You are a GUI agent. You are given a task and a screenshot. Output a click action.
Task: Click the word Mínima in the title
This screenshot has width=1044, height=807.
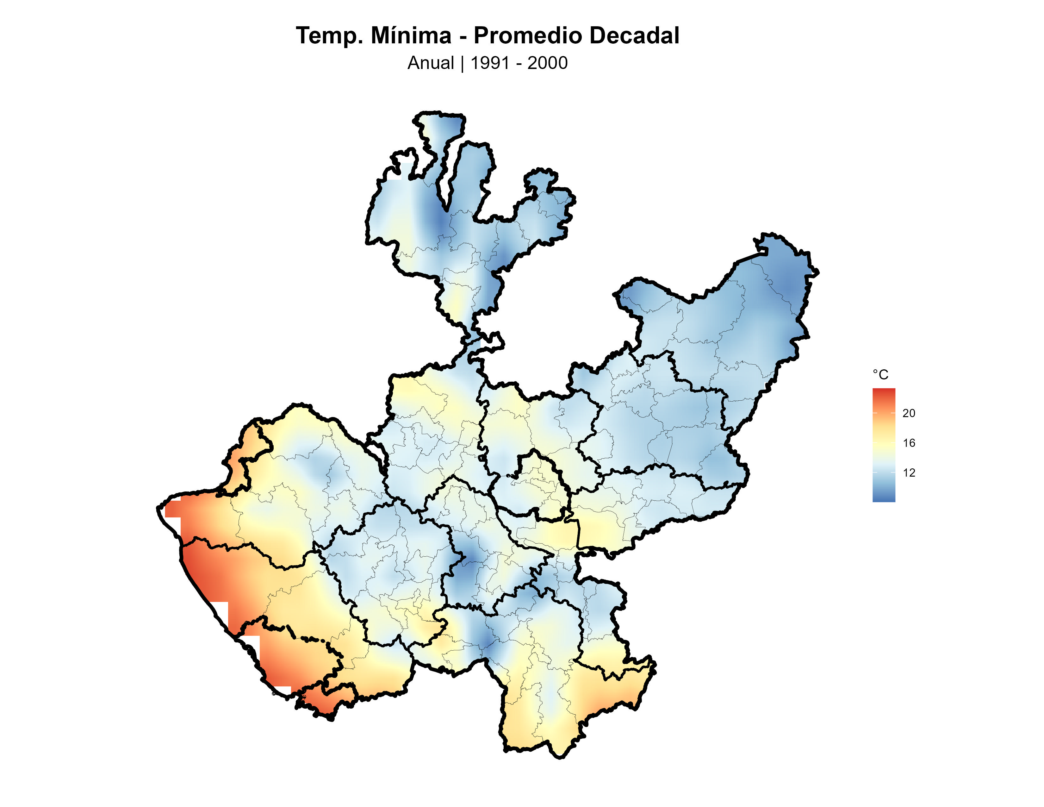[x=411, y=36]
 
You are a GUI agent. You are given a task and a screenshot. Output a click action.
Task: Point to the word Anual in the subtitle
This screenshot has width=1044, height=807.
[x=430, y=63]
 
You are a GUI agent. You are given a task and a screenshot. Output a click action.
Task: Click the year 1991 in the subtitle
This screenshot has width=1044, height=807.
[x=490, y=63]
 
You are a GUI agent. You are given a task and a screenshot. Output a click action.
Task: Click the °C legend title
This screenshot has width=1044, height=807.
[x=880, y=375]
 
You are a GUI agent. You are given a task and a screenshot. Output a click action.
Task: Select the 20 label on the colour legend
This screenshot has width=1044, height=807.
[x=909, y=413]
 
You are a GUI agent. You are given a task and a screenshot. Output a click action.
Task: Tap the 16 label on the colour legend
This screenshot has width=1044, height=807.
[x=909, y=443]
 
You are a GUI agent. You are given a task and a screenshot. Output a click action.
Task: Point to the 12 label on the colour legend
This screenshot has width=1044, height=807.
[x=909, y=473]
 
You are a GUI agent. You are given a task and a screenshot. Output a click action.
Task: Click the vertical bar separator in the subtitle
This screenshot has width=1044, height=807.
[x=462, y=63]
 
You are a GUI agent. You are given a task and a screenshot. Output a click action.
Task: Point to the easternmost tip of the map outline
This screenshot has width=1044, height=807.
[x=818, y=272]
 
